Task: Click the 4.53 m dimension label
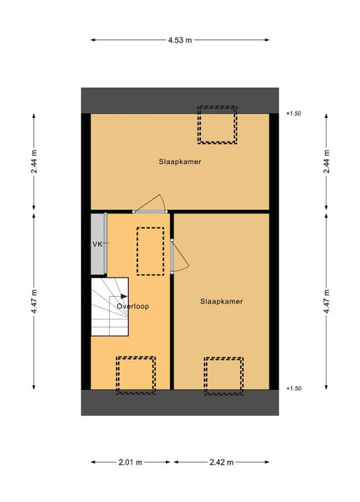180,40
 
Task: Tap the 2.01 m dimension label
131,462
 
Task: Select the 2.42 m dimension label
221,462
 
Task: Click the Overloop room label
133,306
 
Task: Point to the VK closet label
97,244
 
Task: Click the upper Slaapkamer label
180,161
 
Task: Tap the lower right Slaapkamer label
221,301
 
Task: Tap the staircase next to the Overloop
110,306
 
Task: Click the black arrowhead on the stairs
124,296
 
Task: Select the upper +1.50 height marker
294,113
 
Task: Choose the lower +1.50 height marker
294,388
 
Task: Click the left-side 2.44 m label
34,161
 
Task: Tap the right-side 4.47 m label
327,301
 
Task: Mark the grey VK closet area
99,244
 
